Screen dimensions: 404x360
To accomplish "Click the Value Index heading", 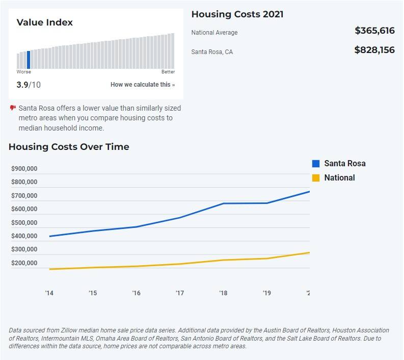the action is (44, 22).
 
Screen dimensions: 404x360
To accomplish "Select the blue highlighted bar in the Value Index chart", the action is (29, 60).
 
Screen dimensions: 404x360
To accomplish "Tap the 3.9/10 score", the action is (29, 85).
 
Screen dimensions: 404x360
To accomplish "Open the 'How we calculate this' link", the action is (143, 85).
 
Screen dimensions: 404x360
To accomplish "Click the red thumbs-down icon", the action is (13, 108).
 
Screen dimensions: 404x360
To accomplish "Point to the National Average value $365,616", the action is (374, 31).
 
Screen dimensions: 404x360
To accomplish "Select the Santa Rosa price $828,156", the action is (374, 50).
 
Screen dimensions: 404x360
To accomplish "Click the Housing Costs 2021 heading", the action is (237, 14).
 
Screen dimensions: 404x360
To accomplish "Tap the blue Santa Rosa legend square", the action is (316, 164).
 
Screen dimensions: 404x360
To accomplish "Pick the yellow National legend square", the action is (316, 177).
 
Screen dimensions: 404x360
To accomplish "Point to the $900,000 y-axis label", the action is (24, 169).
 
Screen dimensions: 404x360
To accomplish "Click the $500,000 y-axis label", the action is (24, 222).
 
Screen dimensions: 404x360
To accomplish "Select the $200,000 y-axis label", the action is (24, 263).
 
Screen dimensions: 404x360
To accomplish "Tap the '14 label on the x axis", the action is (49, 293).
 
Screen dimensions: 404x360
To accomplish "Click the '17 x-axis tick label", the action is (180, 293).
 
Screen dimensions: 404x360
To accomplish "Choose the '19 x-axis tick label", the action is (267, 293).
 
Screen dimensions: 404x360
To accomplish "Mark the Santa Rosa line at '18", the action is (223, 203).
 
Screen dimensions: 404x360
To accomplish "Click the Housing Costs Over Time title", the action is (69, 147).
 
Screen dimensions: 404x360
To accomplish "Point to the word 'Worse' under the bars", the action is (24, 72).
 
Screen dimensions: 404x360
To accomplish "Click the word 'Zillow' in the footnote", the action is (69, 330).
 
